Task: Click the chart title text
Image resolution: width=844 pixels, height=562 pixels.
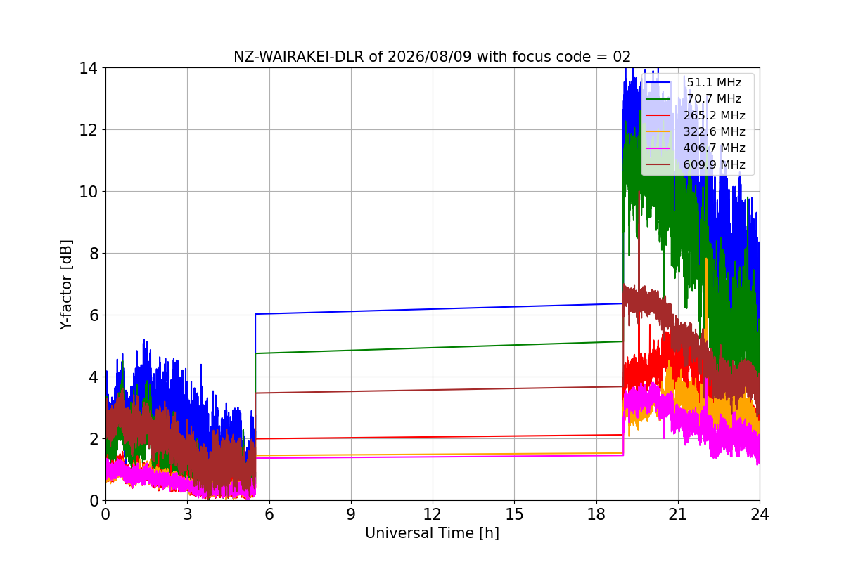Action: (432, 57)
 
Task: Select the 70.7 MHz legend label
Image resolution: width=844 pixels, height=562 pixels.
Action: (714, 98)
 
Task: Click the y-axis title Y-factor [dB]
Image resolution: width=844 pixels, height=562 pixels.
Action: (66, 285)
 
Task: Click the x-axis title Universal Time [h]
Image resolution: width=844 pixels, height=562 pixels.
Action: (432, 533)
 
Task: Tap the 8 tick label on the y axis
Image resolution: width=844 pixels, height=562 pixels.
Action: (94, 254)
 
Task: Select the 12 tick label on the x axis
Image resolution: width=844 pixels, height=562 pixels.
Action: (432, 514)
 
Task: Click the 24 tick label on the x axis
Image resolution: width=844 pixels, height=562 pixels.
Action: (759, 514)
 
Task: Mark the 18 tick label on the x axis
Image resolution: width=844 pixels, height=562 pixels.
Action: (596, 514)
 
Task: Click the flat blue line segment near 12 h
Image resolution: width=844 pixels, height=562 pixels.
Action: (439, 308)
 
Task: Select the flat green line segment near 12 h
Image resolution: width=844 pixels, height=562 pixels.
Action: (439, 348)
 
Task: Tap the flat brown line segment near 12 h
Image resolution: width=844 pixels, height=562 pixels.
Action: (439, 390)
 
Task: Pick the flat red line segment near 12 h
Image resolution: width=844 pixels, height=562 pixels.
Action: (439, 437)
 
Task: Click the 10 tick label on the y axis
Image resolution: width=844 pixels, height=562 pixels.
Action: (88, 192)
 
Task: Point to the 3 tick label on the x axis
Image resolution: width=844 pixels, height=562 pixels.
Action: (188, 514)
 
